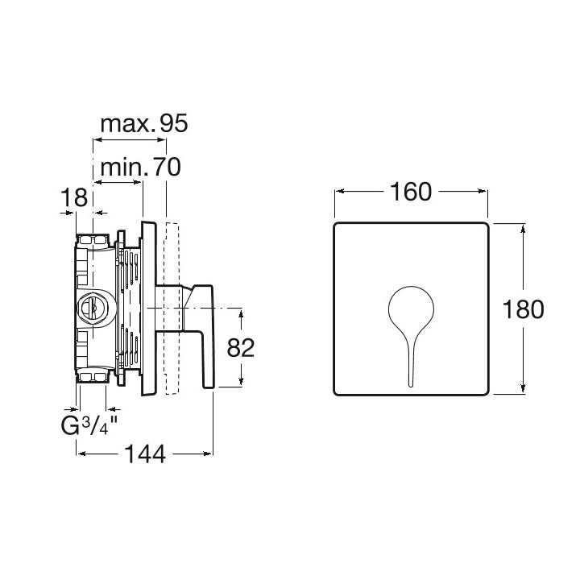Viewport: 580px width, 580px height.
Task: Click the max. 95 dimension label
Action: [x=144, y=123]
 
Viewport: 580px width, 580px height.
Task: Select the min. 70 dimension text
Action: [x=140, y=167]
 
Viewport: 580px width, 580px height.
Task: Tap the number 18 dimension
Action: [x=74, y=197]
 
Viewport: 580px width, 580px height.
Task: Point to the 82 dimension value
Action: [x=241, y=348]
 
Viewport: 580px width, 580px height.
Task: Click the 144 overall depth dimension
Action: [x=145, y=454]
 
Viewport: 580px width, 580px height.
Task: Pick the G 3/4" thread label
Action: [x=89, y=426]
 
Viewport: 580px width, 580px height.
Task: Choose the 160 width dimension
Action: [x=411, y=192]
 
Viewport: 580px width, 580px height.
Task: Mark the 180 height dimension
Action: [x=523, y=309]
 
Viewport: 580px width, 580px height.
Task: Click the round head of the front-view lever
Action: [x=411, y=308]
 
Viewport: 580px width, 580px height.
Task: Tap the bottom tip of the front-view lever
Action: [x=411, y=387]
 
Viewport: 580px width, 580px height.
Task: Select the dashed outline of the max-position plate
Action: [x=172, y=308]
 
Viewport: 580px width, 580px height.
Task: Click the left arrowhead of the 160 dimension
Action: [x=340, y=191]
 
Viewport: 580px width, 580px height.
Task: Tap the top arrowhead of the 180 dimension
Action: [x=523, y=230]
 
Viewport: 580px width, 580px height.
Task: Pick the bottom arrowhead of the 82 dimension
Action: [x=241, y=380]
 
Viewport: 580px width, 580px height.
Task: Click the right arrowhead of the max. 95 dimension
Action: [x=162, y=140]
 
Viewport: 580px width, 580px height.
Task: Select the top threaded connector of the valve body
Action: [x=93, y=240]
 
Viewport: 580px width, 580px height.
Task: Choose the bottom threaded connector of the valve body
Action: [x=93, y=375]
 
